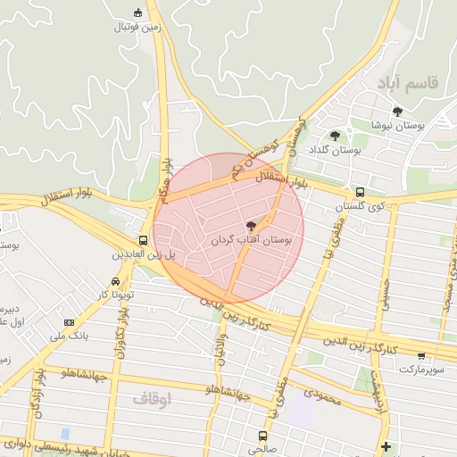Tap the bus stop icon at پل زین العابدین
tap(143, 240)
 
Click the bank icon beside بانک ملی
tap(69, 322)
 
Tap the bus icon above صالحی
tap(262, 436)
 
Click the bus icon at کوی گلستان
tap(360, 192)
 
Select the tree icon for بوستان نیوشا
tap(397, 112)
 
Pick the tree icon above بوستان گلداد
tap(335, 136)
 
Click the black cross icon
tap(385, 445)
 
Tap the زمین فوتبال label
tap(137, 26)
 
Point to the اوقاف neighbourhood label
tap(151, 399)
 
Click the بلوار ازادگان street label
tap(38, 388)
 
